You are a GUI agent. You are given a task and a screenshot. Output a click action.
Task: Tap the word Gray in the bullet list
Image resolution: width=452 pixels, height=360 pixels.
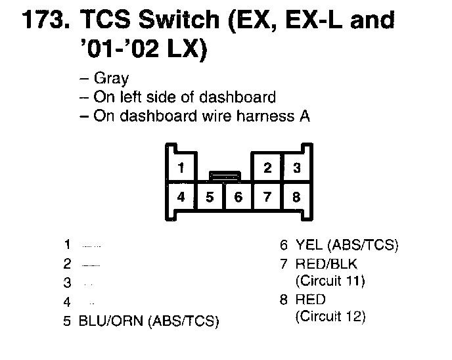[112, 79]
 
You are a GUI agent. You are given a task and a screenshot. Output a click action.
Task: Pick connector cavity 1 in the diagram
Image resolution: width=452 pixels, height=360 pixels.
[181, 168]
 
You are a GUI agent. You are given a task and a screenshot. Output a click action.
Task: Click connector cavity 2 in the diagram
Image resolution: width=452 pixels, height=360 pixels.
[267, 168]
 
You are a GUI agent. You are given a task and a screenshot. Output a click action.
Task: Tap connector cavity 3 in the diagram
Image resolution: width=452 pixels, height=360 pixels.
[297, 168]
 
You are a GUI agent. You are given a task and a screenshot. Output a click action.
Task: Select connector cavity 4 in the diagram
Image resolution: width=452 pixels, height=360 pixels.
[181, 196]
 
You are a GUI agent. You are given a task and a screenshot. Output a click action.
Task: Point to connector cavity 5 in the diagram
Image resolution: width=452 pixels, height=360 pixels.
[210, 196]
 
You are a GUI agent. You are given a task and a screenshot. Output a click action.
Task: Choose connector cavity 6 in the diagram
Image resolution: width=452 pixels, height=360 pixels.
[238, 196]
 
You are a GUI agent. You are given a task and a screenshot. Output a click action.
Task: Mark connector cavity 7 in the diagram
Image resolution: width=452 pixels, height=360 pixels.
[267, 196]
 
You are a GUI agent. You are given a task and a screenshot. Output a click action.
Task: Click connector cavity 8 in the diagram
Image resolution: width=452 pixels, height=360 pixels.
[297, 196]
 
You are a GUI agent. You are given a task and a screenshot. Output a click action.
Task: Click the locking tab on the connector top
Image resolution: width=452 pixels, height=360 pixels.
[224, 175]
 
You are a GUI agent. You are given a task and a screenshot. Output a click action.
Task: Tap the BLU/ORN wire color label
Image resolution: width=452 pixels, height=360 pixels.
[112, 321]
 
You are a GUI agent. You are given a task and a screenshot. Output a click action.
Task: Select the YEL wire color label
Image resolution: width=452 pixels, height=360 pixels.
[309, 246]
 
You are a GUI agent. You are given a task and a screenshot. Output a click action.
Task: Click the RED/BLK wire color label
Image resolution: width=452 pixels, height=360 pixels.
[327, 264]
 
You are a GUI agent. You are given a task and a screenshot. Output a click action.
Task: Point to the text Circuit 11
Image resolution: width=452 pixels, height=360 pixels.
[330, 281]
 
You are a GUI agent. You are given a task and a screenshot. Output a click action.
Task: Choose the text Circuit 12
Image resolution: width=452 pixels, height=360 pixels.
[330, 317]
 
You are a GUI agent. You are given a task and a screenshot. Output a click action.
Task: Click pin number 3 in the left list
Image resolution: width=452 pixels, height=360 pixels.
[67, 283]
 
